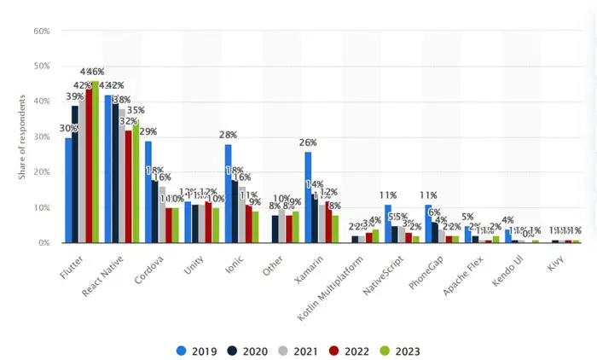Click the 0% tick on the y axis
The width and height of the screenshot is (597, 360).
point(43,243)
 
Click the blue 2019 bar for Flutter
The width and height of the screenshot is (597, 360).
point(68,190)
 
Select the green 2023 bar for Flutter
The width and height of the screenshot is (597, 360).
point(96,162)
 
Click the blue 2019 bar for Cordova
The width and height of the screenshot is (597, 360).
point(148,192)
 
